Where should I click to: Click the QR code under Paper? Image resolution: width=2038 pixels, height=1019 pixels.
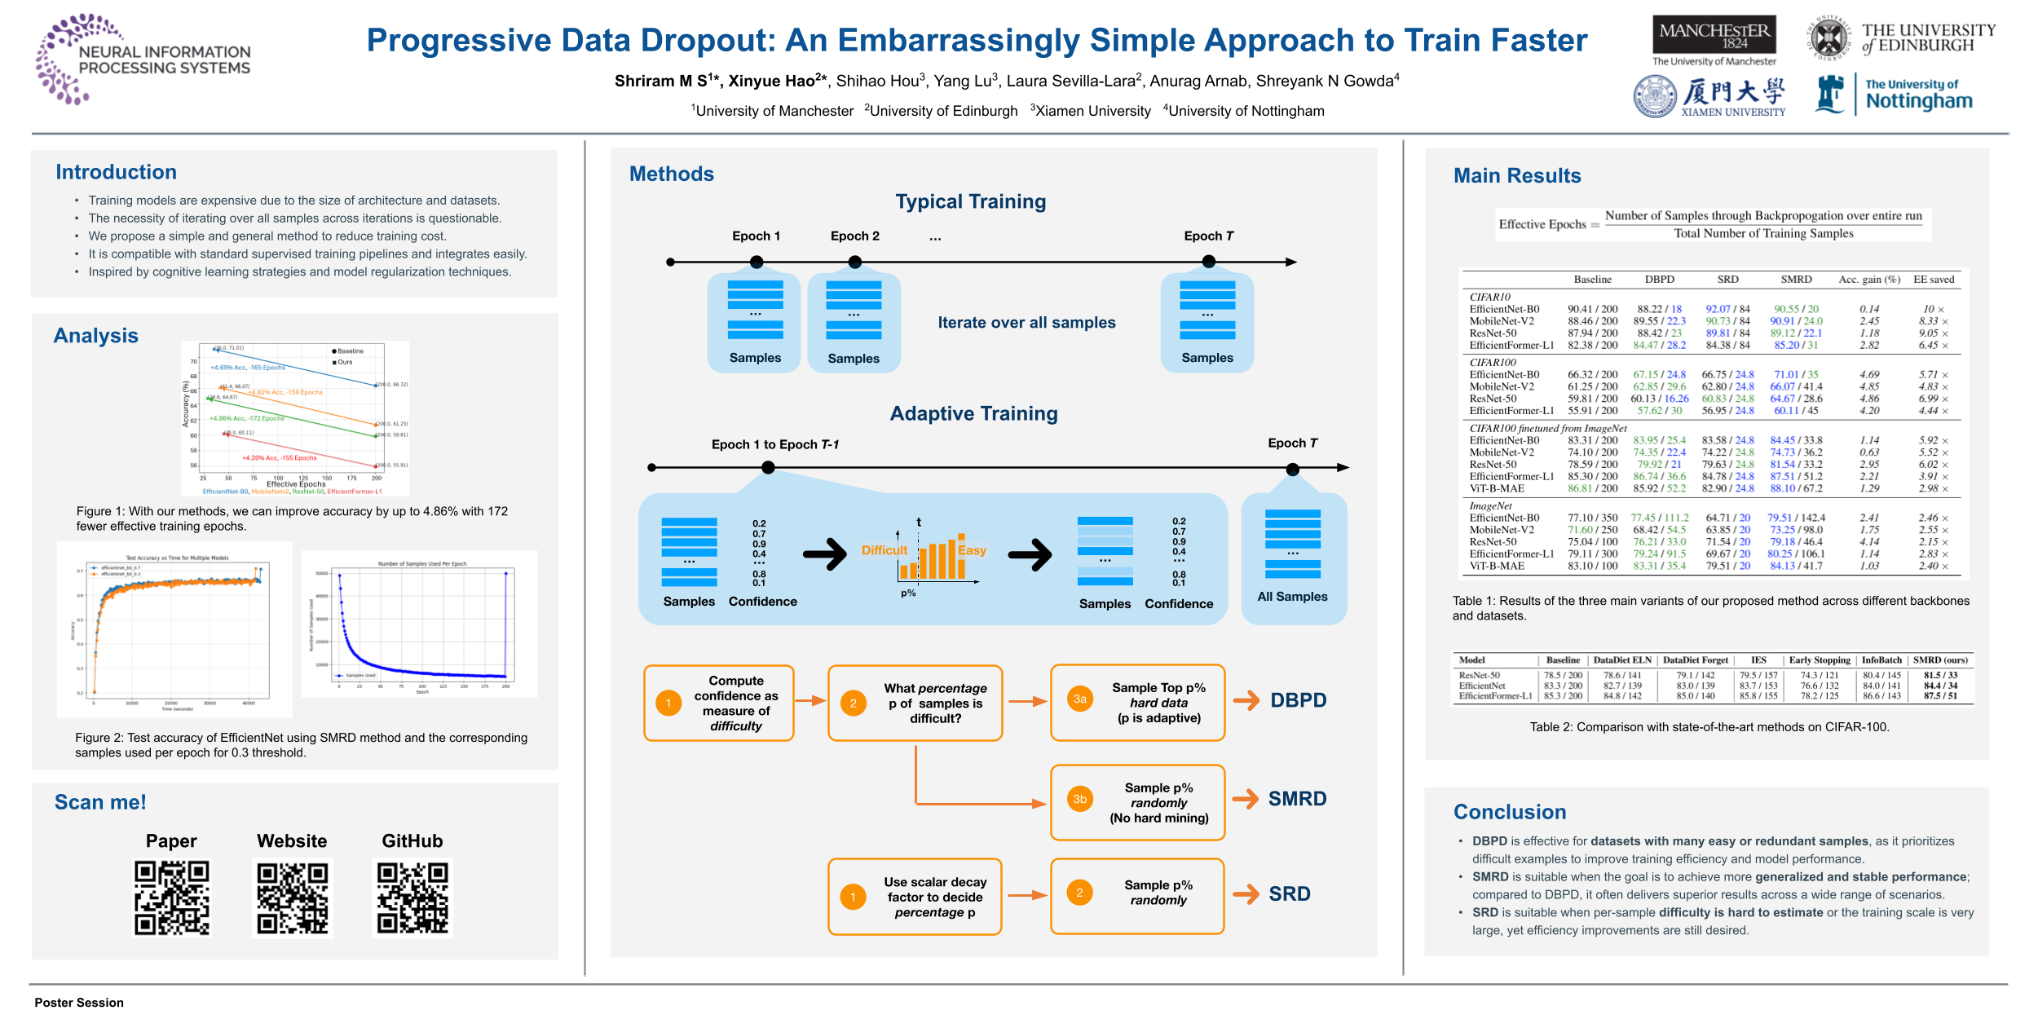172,898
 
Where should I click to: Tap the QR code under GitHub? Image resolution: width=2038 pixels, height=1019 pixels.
412,898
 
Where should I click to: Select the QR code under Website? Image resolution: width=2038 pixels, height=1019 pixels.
293,898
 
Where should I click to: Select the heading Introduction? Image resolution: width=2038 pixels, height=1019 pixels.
116,172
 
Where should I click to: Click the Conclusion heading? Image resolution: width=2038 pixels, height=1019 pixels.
1510,812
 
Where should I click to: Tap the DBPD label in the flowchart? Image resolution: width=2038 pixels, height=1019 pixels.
1298,700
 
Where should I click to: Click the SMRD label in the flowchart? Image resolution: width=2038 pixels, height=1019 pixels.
1297,799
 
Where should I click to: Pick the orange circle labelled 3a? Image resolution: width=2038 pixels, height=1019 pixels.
1080,699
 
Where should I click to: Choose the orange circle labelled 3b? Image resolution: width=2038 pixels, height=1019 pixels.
1080,799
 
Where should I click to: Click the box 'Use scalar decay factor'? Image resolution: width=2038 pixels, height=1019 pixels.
915,897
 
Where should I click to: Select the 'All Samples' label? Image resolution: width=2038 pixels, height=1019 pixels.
1292,597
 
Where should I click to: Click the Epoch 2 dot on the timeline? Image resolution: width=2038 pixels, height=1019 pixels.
854,262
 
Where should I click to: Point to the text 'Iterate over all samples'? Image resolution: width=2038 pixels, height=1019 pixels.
1026,323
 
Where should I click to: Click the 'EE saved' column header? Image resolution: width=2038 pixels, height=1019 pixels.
1934,280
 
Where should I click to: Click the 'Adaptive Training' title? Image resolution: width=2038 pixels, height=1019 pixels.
973,413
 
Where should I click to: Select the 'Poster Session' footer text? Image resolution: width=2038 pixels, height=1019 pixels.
79,1003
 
